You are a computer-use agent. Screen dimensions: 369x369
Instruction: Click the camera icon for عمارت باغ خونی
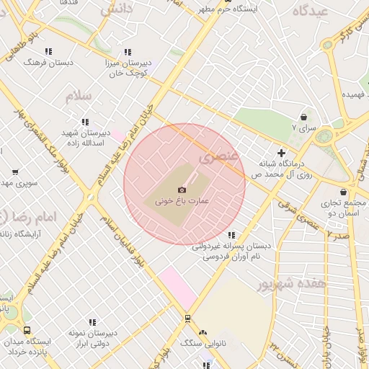tap(182, 190)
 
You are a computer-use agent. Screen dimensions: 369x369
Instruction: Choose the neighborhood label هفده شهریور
tap(292, 283)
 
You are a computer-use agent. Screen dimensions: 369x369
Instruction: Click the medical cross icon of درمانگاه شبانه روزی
tap(282, 153)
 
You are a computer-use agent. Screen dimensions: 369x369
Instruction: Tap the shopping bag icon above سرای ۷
tap(303, 117)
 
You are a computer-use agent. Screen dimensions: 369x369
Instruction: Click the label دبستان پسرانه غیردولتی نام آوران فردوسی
tap(231, 250)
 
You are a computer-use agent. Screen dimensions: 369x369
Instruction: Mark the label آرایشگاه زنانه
tap(29, 234)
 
